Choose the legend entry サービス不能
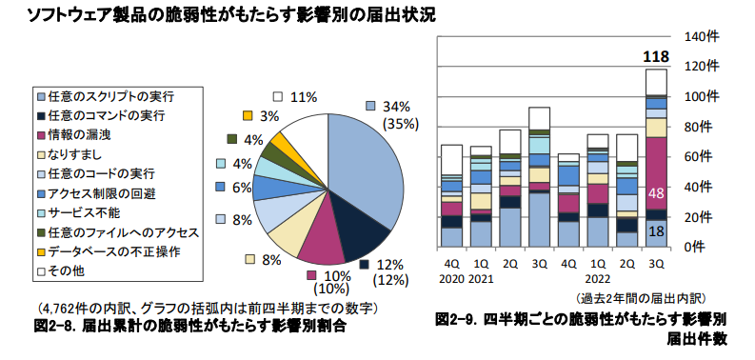tap(86, 212)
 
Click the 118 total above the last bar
tap(655, 59)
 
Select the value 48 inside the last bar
tap(656, 193)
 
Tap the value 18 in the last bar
tap(656, 230)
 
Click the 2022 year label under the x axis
tap(597, 280)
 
